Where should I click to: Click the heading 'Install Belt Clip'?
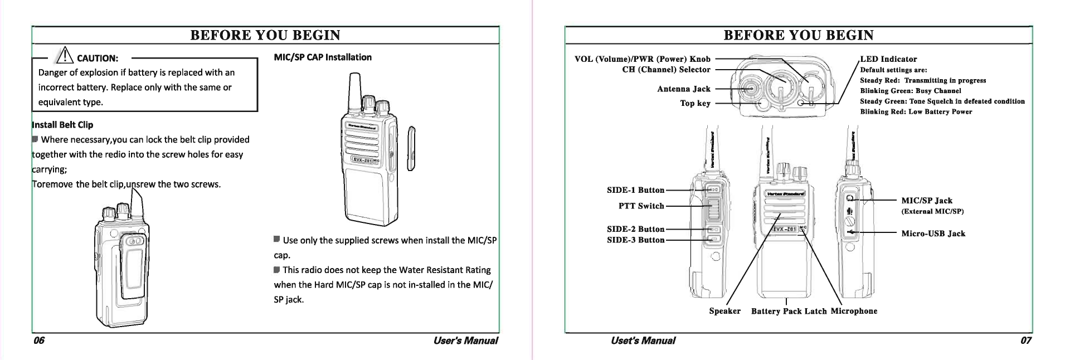coord(63,125)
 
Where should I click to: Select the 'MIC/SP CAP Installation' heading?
coord(323,57)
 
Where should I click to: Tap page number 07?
coord(1026,340)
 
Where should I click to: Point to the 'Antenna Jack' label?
coord(684,89)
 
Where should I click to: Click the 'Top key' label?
coord(695,104)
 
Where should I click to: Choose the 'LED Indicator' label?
coord(888,59)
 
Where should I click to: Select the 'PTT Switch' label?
coord(641,206)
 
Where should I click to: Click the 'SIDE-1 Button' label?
coord(635,191)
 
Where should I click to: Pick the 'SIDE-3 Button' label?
coord(635,240)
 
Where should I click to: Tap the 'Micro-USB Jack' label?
coord(933,233)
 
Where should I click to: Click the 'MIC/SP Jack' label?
coord(927,201)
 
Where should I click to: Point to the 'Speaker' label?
coord(724,311)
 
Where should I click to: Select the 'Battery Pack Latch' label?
coord(789,312)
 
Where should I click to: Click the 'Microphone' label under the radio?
coord(854,311)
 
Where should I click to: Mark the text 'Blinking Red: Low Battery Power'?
coord(916,112)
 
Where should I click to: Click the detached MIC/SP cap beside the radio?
coord(412,148)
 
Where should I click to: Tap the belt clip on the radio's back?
coord(132,267)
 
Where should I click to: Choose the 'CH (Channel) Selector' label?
coord(666,70)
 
